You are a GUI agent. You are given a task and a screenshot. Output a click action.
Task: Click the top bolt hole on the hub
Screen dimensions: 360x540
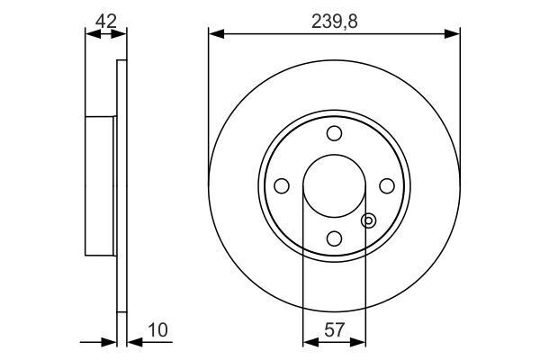(x=334, y=134)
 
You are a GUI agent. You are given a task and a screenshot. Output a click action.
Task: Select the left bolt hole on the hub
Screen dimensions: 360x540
(x=282, y=185)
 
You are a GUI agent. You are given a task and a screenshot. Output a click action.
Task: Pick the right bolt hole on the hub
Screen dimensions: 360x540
(x=387, y=185)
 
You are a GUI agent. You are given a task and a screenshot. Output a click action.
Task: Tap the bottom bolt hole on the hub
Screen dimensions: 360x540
(x=334, y=238)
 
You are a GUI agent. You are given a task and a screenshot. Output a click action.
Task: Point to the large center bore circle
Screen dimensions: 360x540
(x=334, y=185)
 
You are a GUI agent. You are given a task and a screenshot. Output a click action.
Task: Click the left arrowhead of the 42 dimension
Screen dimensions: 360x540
(x=89, y=34)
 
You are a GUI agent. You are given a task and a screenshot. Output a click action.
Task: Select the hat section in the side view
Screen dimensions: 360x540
(x=101, y=185)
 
